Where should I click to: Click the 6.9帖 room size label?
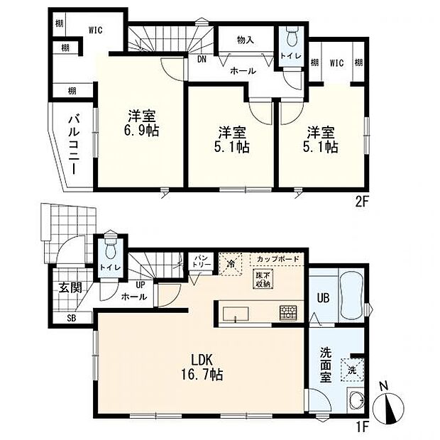coord(143,132)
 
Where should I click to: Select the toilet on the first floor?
coord(110,250)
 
